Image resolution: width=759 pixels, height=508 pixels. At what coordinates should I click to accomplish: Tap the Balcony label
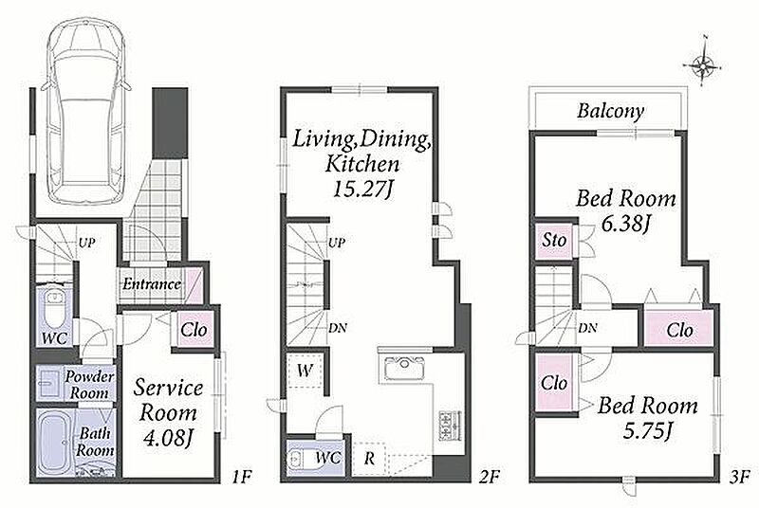tap(610, 111)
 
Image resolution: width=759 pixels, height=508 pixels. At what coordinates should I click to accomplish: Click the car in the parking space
tap(86, 112)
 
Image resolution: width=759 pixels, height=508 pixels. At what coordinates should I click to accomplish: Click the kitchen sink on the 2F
tap(404, 368)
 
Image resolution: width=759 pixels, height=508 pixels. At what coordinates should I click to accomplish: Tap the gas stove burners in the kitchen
tap(450, 426)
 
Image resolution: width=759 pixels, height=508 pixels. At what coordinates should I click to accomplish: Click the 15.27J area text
tap(362, 189)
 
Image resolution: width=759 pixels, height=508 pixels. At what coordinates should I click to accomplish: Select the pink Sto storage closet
tap(554, 241)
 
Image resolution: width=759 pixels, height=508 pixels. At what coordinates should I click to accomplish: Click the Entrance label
tap(152, 283)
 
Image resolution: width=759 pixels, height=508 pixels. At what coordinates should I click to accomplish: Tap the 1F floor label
tap(241, 477)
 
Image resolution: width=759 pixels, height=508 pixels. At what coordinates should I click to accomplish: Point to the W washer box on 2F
tap(305, 371)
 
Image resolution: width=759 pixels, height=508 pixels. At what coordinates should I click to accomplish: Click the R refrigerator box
tap(369, 458)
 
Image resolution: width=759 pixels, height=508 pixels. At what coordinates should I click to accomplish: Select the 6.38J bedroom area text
tap(625, 224)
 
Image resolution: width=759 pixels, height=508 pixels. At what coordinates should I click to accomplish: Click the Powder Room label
tap(89, 385)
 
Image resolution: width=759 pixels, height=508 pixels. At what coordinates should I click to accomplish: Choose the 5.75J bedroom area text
tap(647, 430)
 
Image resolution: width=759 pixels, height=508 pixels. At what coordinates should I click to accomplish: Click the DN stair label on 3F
tap(587, 328)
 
